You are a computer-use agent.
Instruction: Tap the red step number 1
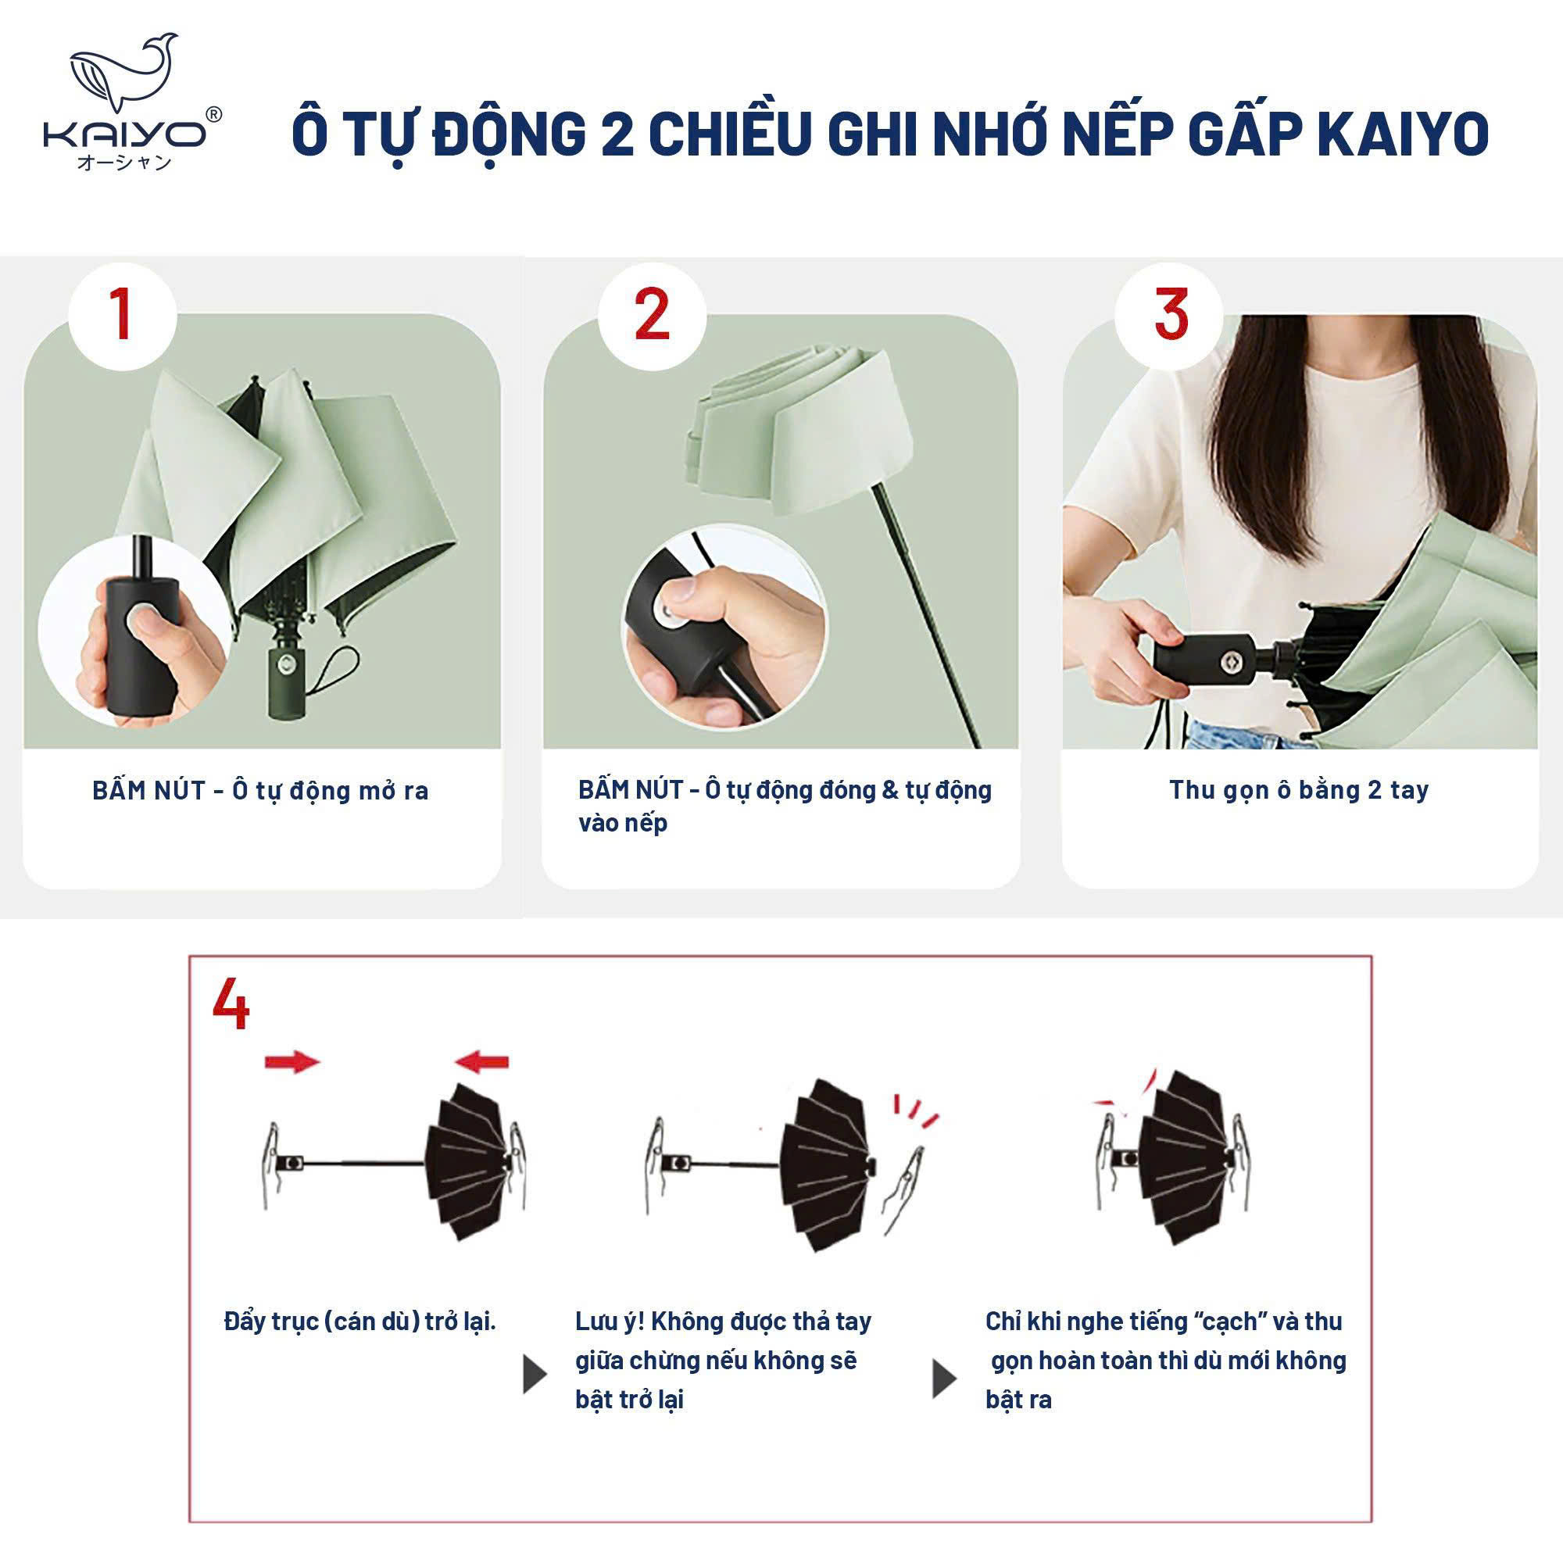click(x=121, y=316)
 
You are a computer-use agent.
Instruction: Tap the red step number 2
click(x=652, y=316)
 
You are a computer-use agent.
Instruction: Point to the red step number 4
click(x=231, y=1003)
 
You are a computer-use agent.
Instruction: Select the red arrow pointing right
click(x=293, y=1061)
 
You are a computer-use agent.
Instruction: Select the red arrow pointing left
click(x=481, y=1061)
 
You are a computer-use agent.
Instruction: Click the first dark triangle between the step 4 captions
click(x=535, y=1375)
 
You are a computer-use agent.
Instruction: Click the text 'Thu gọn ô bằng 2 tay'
click(x=1298, y=789)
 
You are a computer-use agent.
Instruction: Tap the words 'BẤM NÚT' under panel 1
click(x=148, y=790)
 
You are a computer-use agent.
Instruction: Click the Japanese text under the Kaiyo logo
click(x=124, y=163)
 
